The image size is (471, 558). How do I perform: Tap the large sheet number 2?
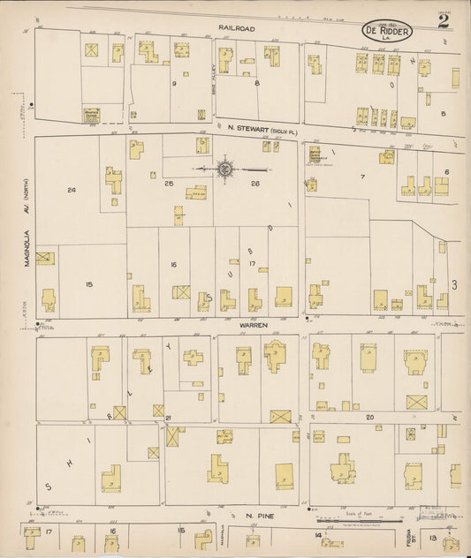click(442, 21)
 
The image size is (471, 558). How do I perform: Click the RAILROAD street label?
click(236, 29)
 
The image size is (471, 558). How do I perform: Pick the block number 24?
click(71, 189)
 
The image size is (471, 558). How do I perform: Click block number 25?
click(169, 183)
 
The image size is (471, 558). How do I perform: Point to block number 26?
click(254, 183)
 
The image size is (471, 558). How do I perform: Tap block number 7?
click(362, 177)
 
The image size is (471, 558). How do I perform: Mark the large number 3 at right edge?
click(454, 284)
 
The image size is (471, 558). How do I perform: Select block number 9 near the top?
click(175, 84)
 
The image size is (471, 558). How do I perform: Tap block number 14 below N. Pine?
click(316, 535)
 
